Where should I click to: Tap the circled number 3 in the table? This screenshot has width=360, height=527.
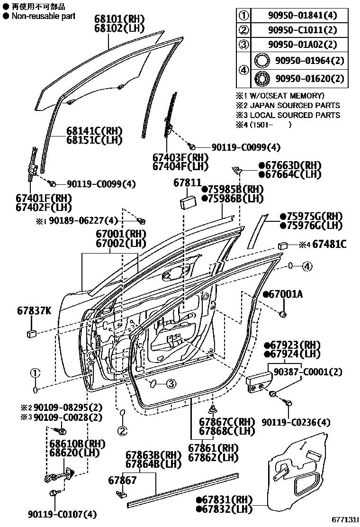(x=243, y=45)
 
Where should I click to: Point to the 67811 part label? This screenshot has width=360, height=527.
(x=187, y=182)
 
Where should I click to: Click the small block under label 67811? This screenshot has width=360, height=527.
(x=188, y=200)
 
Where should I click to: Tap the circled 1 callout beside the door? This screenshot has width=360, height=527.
(x=36, y=373)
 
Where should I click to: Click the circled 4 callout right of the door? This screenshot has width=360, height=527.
(x=307, y=266)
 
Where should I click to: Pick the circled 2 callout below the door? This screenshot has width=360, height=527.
(x=123, y=431)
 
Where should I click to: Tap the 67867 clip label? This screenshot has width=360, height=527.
(x=122, y=480)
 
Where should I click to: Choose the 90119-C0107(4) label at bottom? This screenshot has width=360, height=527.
(x=62, y=514)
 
